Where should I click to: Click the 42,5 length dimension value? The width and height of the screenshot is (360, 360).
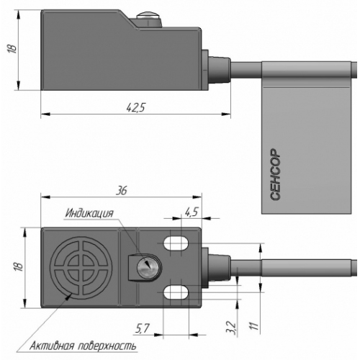[x=135, y=107]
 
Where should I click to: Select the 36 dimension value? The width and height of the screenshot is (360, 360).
[x=122, y=191]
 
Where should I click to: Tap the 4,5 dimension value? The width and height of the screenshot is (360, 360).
[x=192, y=212]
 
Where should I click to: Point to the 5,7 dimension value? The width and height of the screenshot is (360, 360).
[x=143, y=328]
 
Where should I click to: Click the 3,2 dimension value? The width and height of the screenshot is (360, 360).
[x=231, y=329]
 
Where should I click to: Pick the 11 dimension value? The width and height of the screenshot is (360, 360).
[x=255, y=325]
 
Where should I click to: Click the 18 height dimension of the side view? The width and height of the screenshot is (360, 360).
[x=12, y=49]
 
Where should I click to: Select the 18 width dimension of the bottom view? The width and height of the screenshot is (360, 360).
[x=19, y=266]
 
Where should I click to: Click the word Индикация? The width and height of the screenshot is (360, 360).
[x=89, y=213]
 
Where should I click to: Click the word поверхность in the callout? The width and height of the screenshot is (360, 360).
[x=107, y=346]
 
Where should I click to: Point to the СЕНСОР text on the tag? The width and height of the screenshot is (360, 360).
[x=275, y=174]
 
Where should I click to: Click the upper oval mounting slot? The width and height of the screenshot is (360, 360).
[x=176, y=243]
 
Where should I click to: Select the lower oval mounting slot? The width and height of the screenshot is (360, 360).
[x=176, y=292]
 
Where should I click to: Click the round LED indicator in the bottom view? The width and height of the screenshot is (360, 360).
[x=147, y=267]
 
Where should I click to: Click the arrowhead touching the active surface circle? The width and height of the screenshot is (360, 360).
[x=68, y=297]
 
